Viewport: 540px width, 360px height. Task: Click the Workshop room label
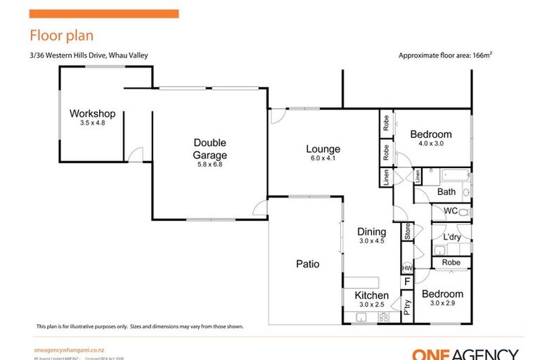(x=92, y=114)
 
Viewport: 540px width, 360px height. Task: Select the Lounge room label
(x=323, y=149)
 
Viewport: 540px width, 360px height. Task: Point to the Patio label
(x=307, y=264)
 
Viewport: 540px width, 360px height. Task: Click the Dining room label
(x=371, y=232)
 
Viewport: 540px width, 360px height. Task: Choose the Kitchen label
(x=371, y=295)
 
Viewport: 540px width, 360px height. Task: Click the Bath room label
(x=446, y=191)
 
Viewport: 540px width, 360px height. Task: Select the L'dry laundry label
(x=452, y=237)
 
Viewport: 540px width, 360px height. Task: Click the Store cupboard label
(x=406, y=231)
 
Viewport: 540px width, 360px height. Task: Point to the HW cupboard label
(x=406, y=269)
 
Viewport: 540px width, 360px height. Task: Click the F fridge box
(x=406, y=283)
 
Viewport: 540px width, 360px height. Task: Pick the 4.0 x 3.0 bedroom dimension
(x=431, y=143)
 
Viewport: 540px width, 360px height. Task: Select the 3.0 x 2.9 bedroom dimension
(x=443, y=303)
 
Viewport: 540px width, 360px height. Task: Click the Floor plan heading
(x=61, y=35)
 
